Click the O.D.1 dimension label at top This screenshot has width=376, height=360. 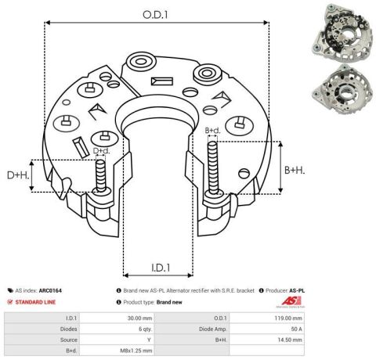[155, 15]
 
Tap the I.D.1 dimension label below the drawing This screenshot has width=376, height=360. [161, 268]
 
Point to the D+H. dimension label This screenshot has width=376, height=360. [18, 175]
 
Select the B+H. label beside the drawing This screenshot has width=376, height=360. [295, 171]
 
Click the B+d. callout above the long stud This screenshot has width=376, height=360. [212, 131]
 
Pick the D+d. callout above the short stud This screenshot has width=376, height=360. [102, 150]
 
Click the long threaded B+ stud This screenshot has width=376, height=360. [212, 169]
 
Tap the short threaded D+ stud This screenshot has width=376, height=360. [100, 176]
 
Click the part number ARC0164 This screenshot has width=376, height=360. [50, 290]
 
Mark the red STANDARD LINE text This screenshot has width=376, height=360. [35, 302]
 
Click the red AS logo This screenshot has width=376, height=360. [291, 301]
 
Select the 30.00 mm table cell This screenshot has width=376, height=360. [139, 319]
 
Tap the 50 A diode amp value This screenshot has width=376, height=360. [296, 329]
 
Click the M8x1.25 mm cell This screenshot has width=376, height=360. [136, 351]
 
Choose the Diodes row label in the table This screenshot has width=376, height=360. [69, 329]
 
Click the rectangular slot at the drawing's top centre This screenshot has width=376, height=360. [162, 81]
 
